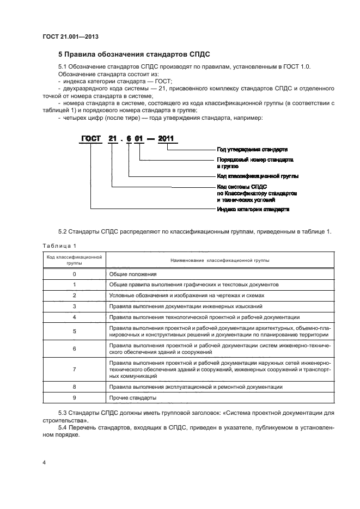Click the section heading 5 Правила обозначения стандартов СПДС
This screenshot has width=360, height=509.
(x=133, y=54)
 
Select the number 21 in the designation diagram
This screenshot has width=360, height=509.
(x=112, y=139)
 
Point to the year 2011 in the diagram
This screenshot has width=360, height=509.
(x=166, y=139)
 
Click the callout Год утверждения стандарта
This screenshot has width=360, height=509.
(x=252, y=149)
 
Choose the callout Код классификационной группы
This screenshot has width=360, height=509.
(x=254, y=176)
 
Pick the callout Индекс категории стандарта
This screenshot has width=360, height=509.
(x=253, y=208)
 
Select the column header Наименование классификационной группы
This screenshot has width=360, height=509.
(x=219, y=260)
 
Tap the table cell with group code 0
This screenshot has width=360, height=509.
(x=74, y=274)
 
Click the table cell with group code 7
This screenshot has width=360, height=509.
(x=74, y=369)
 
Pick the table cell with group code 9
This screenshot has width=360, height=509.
(x=74, y=398)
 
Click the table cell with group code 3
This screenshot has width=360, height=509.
(x=74, y=306)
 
